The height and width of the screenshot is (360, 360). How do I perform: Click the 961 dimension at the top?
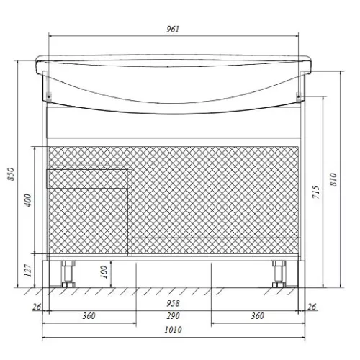[x=173, y=29]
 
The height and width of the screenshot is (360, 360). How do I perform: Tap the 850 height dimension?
[x=12, y=174]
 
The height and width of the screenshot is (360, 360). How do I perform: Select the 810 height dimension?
[x=333, y=179]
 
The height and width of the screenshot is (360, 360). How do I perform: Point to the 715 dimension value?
[x=316, y=192]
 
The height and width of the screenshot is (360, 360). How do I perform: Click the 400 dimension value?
[x=28, y=200]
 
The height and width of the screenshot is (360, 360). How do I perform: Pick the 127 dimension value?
[x=28, y=271]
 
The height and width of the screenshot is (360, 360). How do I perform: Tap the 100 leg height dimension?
[x=104, y=271]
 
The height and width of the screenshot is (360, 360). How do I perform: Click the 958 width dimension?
[x=173, y=303]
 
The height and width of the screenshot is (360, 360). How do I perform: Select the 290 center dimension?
[x=173, y=316]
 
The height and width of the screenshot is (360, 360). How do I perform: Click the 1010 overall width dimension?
[x=173, y=330]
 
